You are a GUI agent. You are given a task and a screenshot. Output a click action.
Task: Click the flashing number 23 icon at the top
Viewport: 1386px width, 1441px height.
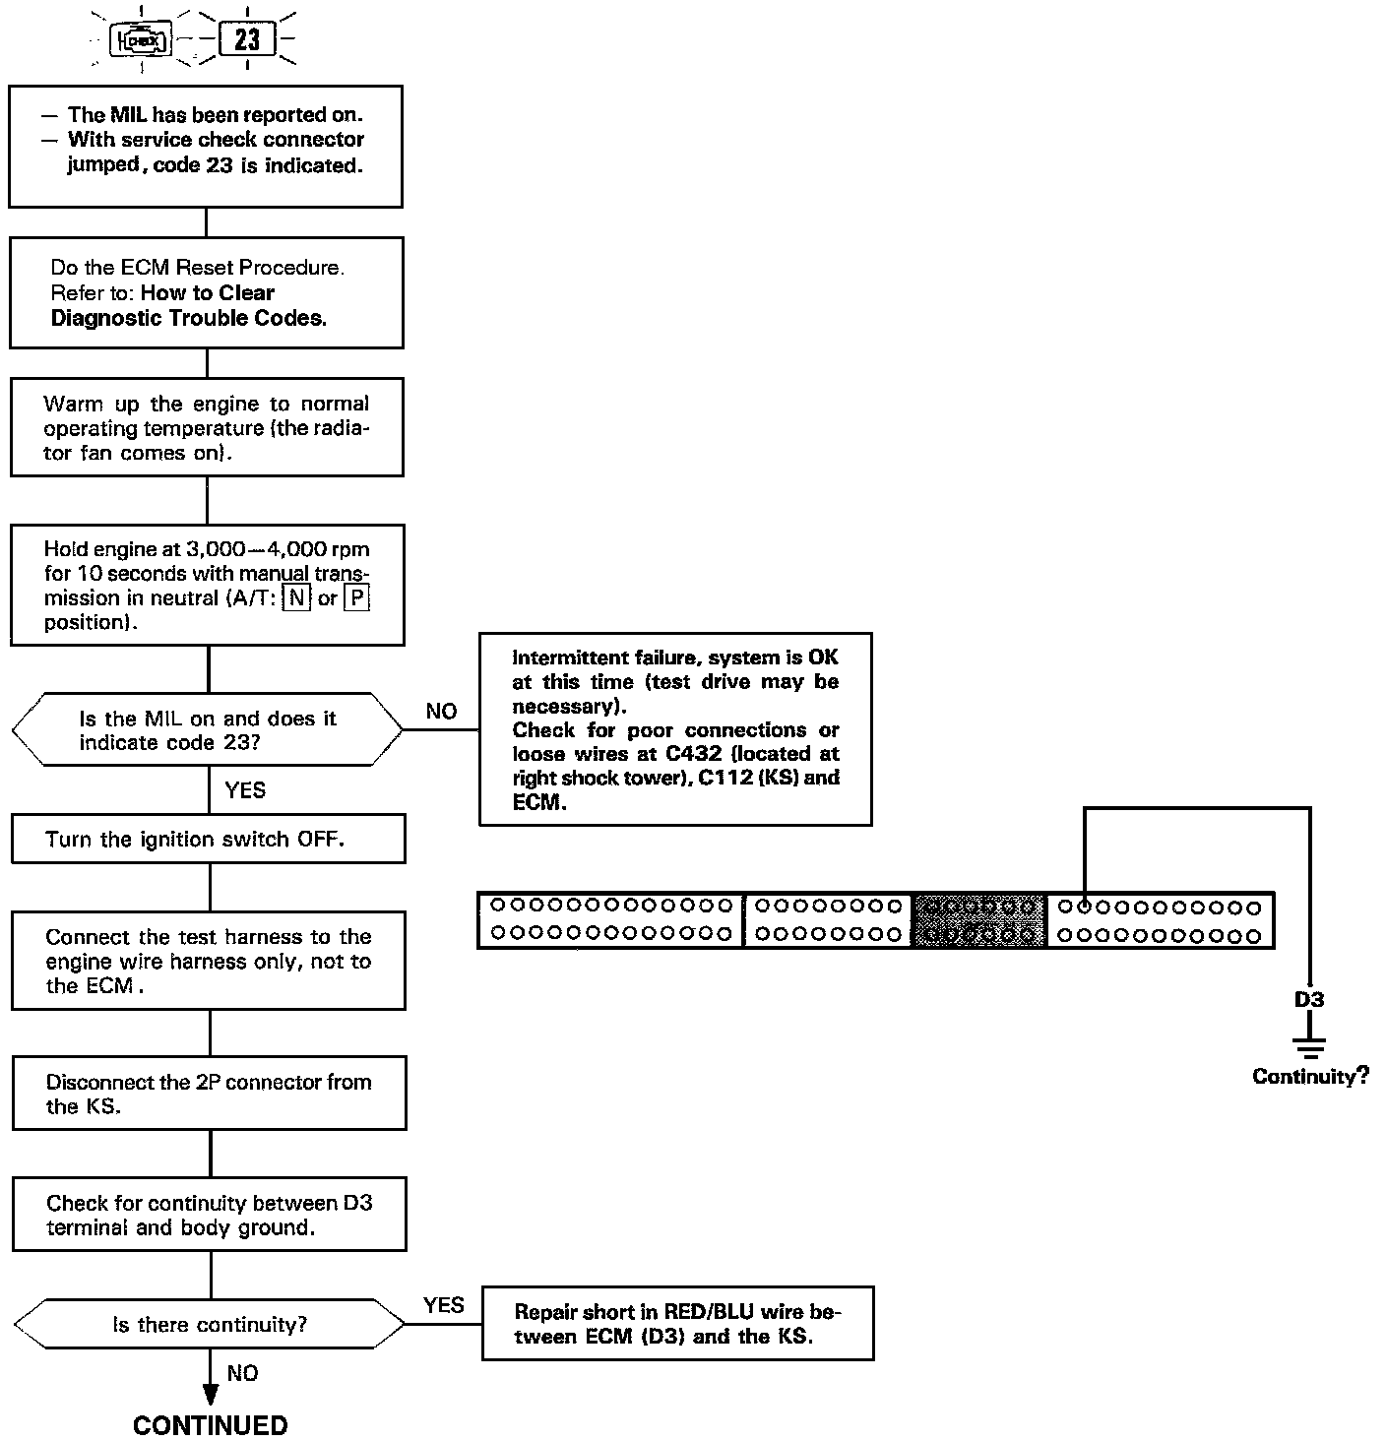click(x=247, y=39)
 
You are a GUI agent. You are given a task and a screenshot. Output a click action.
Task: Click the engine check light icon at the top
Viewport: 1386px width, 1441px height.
click(x=144, y=40)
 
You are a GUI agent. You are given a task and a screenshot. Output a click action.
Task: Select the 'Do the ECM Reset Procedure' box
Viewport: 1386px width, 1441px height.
click(x=207, y=292)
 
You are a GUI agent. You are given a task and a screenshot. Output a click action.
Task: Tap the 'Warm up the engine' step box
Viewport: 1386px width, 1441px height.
click(x=207, y=428)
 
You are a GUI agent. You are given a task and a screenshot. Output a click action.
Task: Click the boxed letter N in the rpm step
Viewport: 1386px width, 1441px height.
click(x=296, y=598)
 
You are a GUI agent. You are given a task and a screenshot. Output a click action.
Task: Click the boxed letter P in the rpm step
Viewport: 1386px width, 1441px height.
click(x=356, y=598)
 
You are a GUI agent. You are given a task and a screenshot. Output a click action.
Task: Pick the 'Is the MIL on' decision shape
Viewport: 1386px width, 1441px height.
click(x=207, y=730)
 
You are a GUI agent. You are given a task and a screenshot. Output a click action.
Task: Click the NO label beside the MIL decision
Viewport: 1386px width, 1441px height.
click(x=441, y=712)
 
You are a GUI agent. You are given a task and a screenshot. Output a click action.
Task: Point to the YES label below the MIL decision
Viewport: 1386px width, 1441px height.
click(x=245, y=790)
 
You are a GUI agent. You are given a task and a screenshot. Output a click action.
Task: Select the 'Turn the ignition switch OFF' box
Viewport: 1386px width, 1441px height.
click(x=208, y=840)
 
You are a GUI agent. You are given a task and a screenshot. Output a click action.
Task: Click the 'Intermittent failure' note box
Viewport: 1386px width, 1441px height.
click(x=675, y=729)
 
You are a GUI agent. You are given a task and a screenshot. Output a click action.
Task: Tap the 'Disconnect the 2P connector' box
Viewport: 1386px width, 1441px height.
click(x=209, y=1094)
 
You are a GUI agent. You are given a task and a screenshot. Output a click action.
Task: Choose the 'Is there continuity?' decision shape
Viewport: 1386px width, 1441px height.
click(x=210, y=1324)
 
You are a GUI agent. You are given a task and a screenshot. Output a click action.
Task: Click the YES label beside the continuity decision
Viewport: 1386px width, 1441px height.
click(x=444, y=1305)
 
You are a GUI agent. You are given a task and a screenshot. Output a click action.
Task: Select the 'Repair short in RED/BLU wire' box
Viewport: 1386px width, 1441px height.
click(x=677, y=1324)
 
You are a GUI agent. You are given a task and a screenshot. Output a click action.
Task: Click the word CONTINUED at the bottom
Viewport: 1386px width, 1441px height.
click(x=210, y=1425)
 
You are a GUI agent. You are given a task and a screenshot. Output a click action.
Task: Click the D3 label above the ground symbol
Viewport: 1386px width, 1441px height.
click(x=1309, y=999)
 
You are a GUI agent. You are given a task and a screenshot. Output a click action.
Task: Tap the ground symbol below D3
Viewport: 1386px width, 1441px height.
click(x=1309, y=1045)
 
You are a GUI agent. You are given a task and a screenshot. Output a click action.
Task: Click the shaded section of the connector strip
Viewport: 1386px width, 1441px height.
click(x=979, y=920)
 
